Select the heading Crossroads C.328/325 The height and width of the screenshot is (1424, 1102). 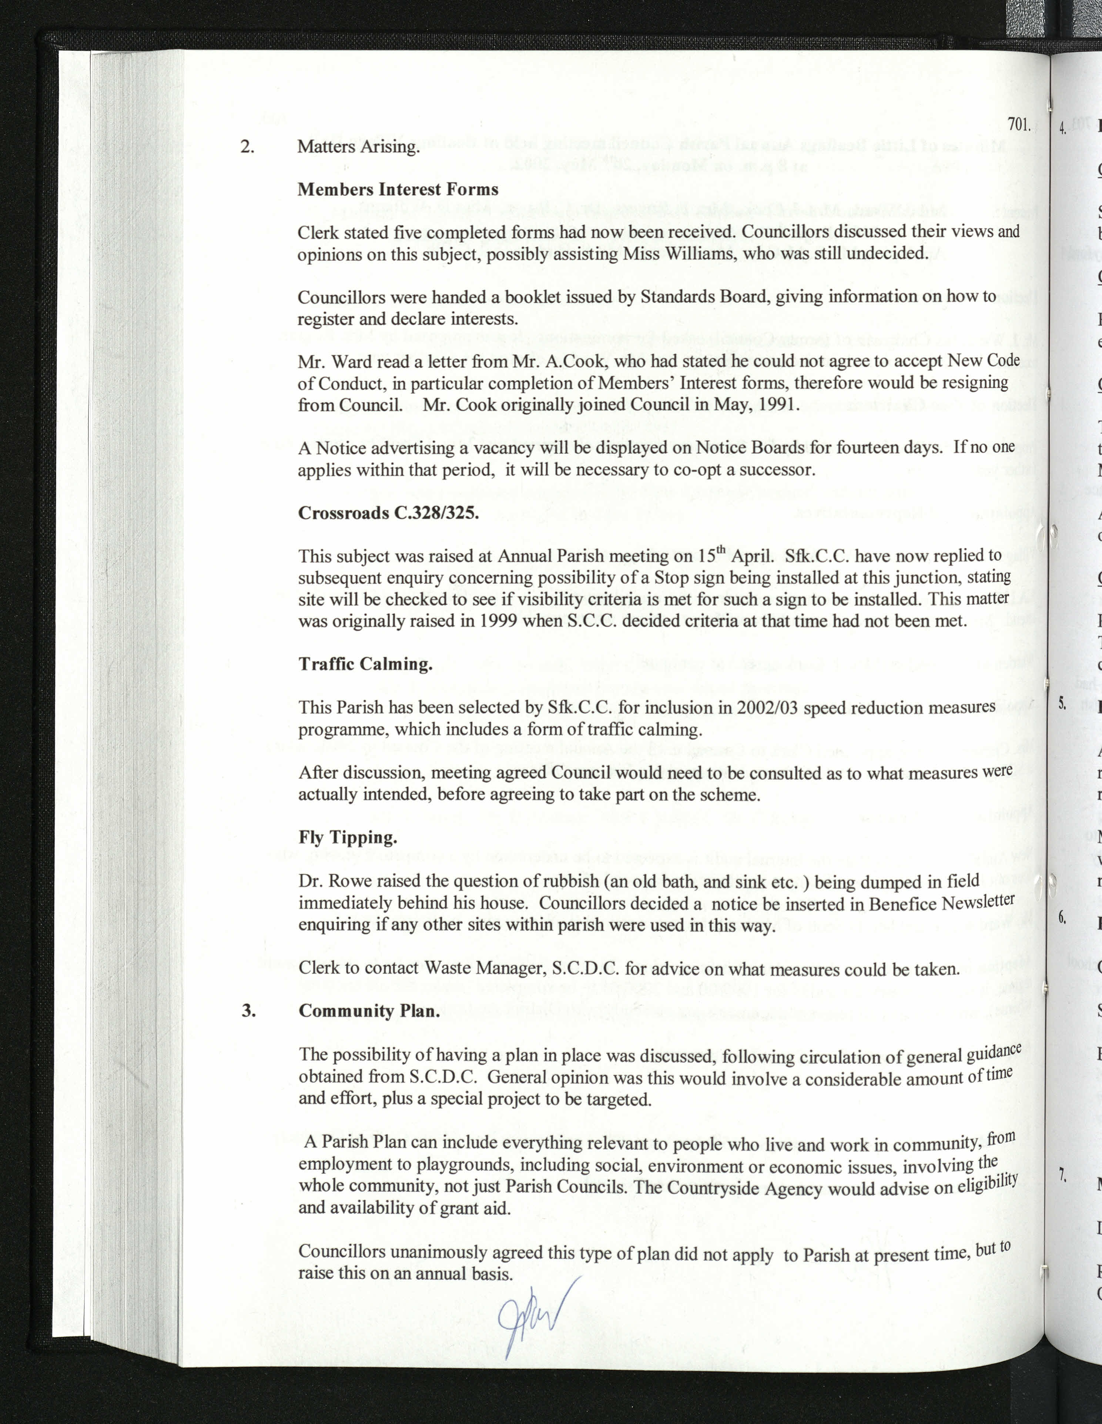point(389,512)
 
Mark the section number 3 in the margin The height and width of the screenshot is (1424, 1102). point(248,1011)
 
